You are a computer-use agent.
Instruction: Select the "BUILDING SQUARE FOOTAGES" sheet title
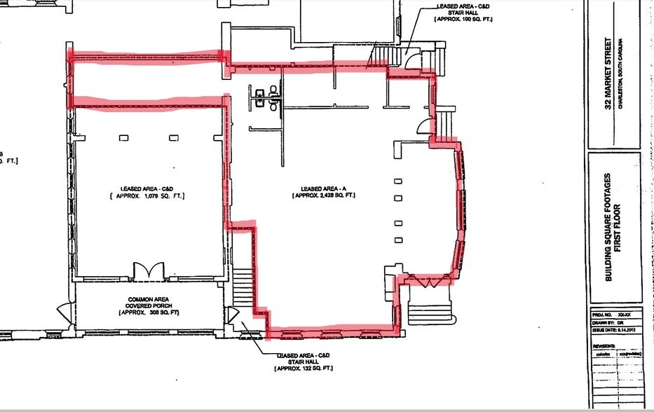[608, 226]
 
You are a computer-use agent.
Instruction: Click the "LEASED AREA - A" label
[323, 188]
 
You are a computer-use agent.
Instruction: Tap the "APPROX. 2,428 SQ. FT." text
[323, 196]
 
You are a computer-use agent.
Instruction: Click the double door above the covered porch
[148, 270]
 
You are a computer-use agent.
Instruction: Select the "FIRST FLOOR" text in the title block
[620, 226]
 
